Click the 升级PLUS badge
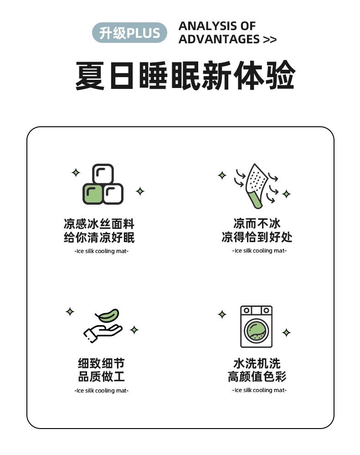(129, 32)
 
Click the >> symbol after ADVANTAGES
(270, 40)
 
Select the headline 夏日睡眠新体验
(185, 75)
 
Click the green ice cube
(93, 194)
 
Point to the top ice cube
(103, 174)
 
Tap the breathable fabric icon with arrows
(256, 186)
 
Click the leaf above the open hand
(107, 315)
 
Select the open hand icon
(103, 333)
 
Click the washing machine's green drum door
(256, 331)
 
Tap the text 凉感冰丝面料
(99, 224)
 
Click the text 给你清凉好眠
(99, 238)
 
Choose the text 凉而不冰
(257, 224)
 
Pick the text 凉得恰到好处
(257, 237)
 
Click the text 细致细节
(101, 363)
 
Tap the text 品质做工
(101, 377)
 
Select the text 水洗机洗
(257, 363)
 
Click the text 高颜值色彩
(257, 377)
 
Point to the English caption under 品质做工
(101, 391)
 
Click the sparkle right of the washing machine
(286, 332)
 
